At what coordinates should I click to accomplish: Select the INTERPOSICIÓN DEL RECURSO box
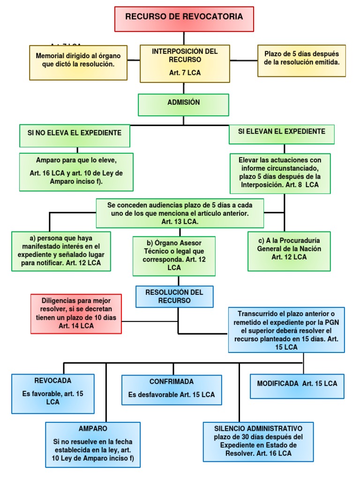(184, 63)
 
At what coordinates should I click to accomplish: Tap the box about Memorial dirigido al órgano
(78, 62)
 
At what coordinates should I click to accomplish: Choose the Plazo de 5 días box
(301, 60)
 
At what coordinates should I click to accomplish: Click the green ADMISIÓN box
(183, 105)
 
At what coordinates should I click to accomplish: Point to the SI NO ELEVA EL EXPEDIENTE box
(75, 135)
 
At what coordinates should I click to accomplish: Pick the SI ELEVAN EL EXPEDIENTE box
(281, 134)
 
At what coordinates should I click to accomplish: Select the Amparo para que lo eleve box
(76, 172)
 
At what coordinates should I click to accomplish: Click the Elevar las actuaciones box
(280, 173)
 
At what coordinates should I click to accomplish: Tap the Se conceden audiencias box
(180, 213)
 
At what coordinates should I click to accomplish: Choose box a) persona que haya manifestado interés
(61, 251)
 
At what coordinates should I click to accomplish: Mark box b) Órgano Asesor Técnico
(174, 256)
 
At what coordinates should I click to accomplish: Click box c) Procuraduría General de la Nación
(289, 251)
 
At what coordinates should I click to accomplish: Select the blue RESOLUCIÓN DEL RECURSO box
(174, 296)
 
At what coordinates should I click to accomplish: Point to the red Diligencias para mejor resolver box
(76, 314)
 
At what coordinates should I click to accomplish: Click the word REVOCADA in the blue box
(53, 381)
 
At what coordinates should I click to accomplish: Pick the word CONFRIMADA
(172, 382)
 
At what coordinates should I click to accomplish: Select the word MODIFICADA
(278, 383)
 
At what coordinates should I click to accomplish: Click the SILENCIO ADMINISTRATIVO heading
(258, 428)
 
